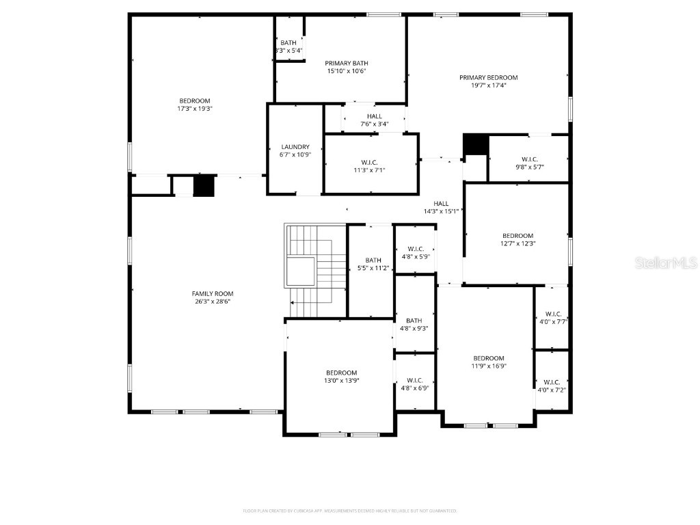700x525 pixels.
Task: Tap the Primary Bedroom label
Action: (x=488, y=77)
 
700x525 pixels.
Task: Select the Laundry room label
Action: (x=295, y=147)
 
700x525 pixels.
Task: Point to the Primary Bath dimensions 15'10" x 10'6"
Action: (x=347, y=71)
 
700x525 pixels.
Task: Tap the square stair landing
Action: (x=300, y=271)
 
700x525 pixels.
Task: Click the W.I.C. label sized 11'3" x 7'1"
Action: (x=369, y=162)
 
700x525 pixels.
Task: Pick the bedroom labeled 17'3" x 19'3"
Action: (x=195, y=100)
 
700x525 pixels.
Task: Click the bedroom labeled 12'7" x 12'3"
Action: (x=517, y=236)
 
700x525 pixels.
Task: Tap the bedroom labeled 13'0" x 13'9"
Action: (x=340, y=373)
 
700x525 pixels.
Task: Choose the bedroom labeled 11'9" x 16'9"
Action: (x=489, y=358)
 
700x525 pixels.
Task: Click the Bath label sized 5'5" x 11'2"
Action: (x=373, y=260)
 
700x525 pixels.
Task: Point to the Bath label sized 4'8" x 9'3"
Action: (x=414, y=321)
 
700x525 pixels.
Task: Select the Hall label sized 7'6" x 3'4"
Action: (x=374, y=116)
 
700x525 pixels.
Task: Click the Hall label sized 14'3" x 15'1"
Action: (x=441, y=203)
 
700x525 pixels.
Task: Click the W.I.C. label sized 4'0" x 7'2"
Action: (x=552, y=382)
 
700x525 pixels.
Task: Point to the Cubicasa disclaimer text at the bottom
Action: (x=350, y=511)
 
